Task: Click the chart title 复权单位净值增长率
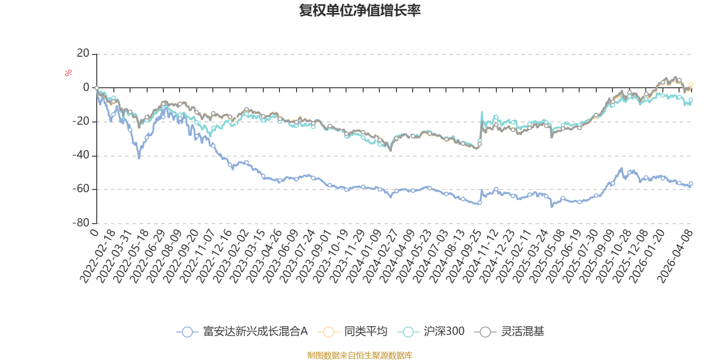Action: point(360,11)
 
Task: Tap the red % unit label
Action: point(68,73)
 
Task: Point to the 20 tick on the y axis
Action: point(83,54)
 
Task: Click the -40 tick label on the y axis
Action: point(81,155)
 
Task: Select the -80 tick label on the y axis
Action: point(81,223)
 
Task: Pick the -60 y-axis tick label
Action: point(81,189)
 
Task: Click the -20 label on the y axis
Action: point(81,121)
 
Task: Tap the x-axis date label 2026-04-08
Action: point(675,256)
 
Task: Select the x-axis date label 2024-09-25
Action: point(464,256)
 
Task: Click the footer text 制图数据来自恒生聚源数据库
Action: point(360,355)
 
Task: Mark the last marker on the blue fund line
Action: point(691,184)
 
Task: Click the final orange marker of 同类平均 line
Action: point(691,84)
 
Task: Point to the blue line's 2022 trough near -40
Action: point(139,157)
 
